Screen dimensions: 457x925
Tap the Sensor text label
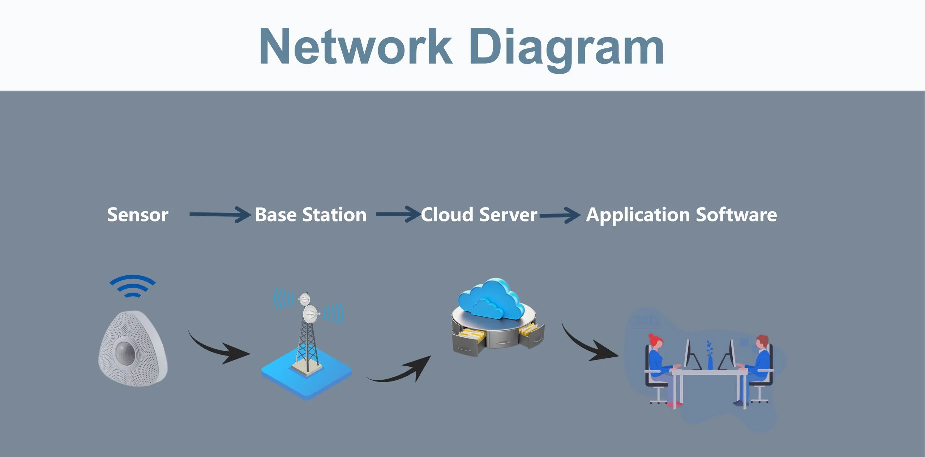click(138, 215)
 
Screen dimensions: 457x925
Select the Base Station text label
click(311, 215)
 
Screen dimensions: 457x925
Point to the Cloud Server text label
click(479, 215)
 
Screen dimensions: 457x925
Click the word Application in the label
click(638, 215)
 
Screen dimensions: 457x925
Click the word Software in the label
click(736, 215)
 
